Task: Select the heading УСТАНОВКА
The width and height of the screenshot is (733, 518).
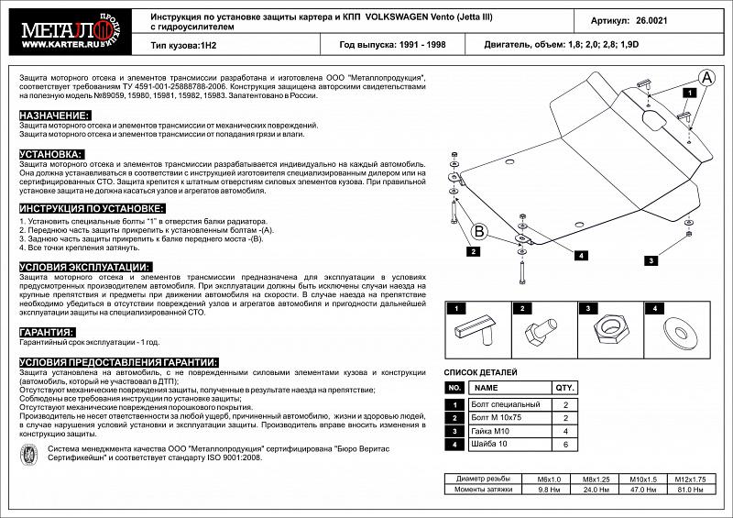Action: (51, 154)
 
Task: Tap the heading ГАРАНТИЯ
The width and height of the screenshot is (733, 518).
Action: (47, 332)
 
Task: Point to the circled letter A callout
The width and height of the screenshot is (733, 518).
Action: (706, 80)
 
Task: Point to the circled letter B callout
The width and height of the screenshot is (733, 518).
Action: (479, 231)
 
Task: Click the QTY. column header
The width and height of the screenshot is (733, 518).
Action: (565, 388)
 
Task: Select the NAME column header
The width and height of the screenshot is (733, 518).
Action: (487, 388)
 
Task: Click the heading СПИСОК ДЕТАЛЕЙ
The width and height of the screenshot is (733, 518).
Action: (480, 372)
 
